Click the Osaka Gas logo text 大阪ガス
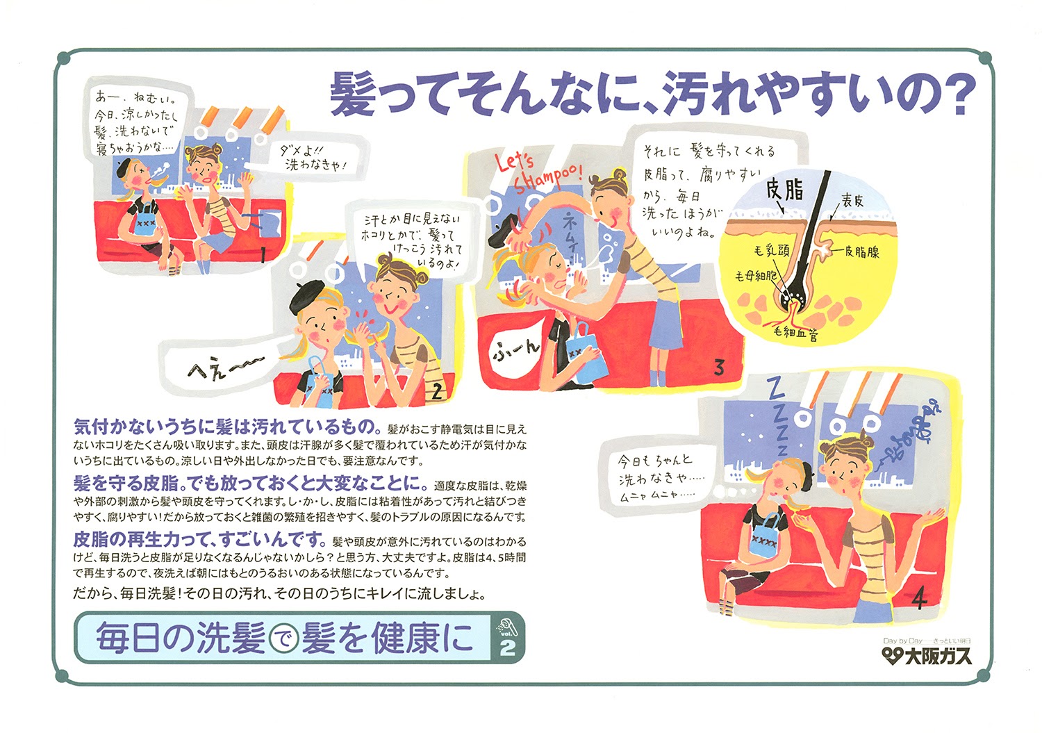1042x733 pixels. (x=937, y=656)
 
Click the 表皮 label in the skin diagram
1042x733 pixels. (x=852, y=201)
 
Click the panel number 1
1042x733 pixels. (x=263, y=253)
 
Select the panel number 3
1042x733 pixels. (x=719, y=368)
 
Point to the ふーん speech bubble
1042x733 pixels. (x=516, y=349)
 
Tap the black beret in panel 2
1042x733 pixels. (x=307, y=297)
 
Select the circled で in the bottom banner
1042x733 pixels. (x=282, y=639)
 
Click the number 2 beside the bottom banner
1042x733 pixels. (x=507, y=648)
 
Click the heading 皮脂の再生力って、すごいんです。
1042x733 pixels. (x=199, y=540)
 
